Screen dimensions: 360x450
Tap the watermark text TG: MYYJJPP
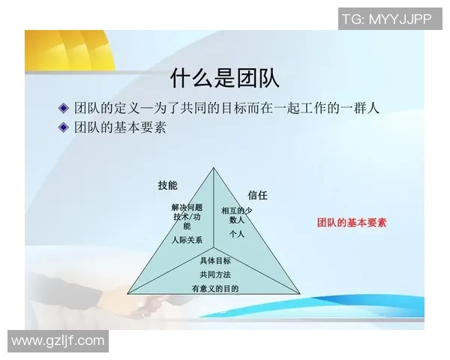point(386,19)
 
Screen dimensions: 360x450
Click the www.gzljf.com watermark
point(58,341)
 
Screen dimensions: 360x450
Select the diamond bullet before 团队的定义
point(63,106)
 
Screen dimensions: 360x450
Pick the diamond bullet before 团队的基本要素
point(63,127)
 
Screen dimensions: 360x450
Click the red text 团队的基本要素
point(352,223)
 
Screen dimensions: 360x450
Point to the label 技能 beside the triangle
point(168,185)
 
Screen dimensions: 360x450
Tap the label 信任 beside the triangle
point(257,195)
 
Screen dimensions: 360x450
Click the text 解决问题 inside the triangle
point(187,207)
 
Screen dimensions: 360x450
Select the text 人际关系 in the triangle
point(187,240)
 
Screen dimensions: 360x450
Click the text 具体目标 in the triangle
point(215,260)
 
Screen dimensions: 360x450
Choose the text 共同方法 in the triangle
point(215,274)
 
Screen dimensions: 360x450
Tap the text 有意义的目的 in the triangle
point(215,289)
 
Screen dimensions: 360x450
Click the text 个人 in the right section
point(237,234)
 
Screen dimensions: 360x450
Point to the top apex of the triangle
point(214,168)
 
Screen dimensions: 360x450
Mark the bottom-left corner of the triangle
point(127,293)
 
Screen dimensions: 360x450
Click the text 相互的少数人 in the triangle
point(237,215)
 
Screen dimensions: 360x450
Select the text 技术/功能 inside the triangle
point(187,220)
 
